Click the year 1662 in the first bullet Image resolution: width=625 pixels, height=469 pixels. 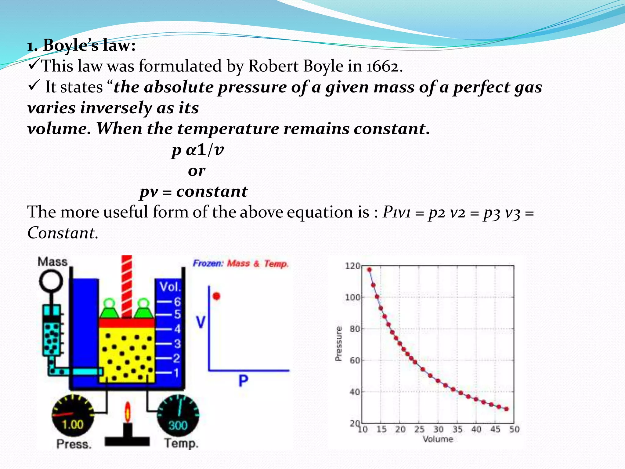pyautogui.click(x=383, y=66)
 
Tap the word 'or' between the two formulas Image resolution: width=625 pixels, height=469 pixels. pyautogui.click(x=197, y=171)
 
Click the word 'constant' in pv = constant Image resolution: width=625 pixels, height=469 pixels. pyautogui.click(x=212, y=192)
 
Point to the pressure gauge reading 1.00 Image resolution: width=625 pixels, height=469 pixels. pyautogui.click(x=73, y=424)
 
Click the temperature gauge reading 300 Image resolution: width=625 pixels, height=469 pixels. pyautogui.click(x=178, y=425)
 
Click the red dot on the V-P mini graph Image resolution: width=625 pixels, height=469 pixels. pyautogui.click(x=216, y=296)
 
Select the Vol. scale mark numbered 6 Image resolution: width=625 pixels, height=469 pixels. pyautogui.click(x=177, y=302)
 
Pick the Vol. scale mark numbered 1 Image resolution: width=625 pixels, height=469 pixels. pyautogui.click(x=176, y=373)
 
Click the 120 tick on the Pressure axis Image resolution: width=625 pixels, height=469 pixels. pyautogui.click(x=353, y=266)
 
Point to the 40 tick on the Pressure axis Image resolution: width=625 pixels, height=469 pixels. pyautogui.click(x=354, y=392)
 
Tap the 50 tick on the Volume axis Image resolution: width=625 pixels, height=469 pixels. pyautogui.click(x=514, y=429)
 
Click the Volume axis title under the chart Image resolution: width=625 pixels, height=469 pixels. pyautogui.click(x=438, y=439)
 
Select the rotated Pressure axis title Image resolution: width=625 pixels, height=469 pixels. pyautogui.click(x=338, y=344)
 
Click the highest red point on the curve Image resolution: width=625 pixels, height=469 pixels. pyautogui.click(x=369, y=270)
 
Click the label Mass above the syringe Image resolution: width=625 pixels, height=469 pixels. pyautogui.click(x=52, y=262)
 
